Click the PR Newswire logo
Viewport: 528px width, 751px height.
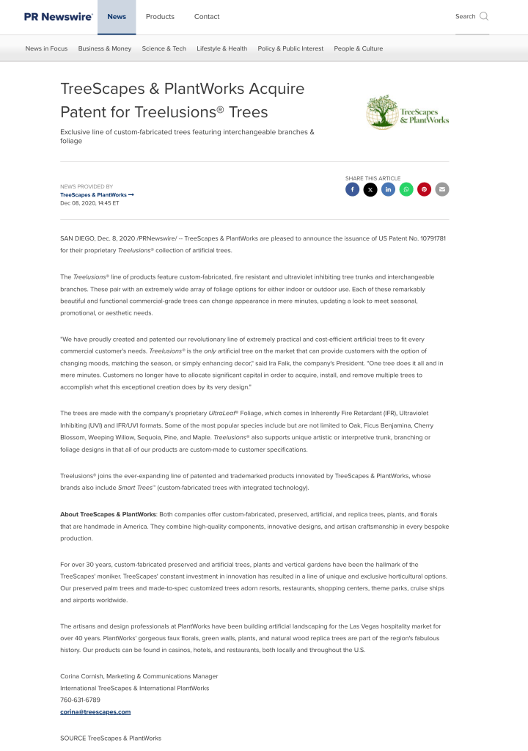coord(58,16)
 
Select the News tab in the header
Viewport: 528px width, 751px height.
coord(117,16)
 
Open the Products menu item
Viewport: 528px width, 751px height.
coord(160,16)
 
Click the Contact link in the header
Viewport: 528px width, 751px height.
coord(207,16)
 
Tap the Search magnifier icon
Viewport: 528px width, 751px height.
coord(484,16)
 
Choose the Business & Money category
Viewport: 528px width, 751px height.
coord(105,48)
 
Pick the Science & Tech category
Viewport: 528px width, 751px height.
coord(164,48)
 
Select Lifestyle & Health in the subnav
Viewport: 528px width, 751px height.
coord(221,48)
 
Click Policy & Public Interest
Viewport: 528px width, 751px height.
coord(290,48)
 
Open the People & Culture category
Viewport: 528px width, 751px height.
coord(359,48)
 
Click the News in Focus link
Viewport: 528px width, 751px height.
coord(46,48)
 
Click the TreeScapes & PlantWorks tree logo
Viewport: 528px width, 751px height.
coord(407,112)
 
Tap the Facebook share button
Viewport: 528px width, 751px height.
coord(352,189)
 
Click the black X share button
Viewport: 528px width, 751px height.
coord(370,189)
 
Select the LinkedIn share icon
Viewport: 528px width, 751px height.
coord(388,189)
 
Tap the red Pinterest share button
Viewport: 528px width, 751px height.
coord(424,189)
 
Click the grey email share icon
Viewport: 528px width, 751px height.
coord(441,189)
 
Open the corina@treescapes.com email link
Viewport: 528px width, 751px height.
coord(95,711)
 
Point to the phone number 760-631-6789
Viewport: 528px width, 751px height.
coord(80,700)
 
